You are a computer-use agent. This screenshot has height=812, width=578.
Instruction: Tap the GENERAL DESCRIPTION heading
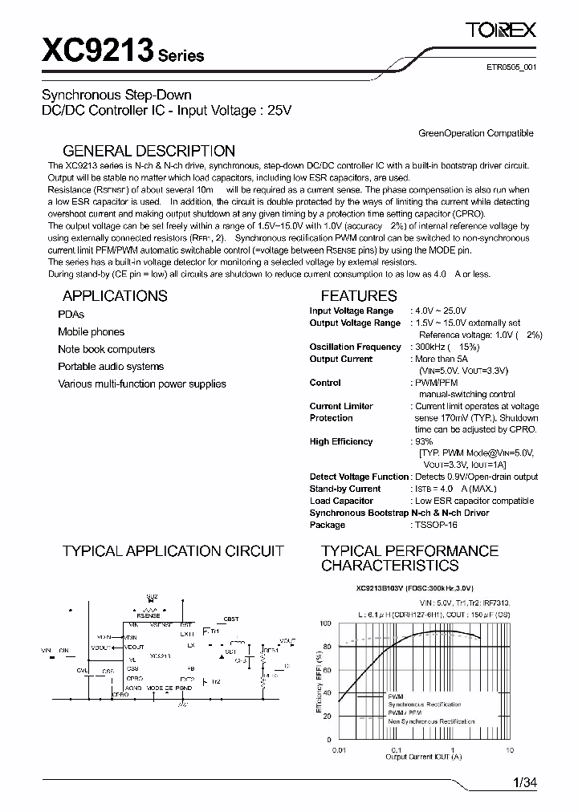click(x=149, y=151)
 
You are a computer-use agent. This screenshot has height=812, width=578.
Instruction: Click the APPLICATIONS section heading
click(x=115, y=295)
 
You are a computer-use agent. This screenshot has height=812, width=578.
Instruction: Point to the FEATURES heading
click(x=359, y=295)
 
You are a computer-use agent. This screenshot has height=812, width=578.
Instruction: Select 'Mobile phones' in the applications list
click(x=91, y=332)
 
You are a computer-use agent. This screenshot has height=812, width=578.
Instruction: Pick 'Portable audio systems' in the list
click(x=111, y=367)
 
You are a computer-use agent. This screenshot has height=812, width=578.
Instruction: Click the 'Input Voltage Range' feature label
click(x=352, y=311)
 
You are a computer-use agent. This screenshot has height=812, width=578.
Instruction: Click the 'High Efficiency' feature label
click(x=341, y=441)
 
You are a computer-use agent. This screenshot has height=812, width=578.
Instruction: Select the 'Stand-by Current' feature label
click(x=345, y=489)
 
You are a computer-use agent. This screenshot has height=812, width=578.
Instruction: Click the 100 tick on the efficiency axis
click(x=325, y=623)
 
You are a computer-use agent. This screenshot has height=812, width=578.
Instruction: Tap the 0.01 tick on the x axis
click(x=338, y=749)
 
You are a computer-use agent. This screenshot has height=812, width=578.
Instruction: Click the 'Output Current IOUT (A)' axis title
click(x=421, y=757)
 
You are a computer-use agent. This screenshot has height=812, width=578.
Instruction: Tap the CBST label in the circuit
click(x=231, y=619)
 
